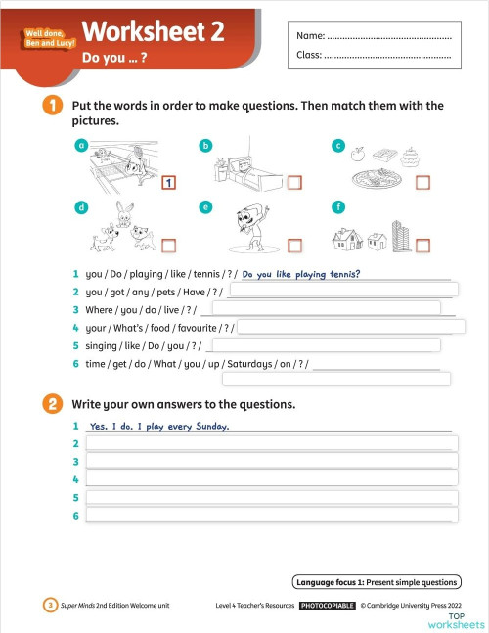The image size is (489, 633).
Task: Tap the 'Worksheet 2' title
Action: (x=153, y=31)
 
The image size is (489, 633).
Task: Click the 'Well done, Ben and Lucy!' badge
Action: (x=50, y=40)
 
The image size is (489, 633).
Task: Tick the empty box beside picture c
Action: (x=423, y=183)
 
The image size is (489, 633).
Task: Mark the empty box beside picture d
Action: (x=169, y=245)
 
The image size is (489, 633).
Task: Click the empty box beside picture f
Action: (x=423, y=245)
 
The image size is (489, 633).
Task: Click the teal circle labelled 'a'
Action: (x=82, y=146)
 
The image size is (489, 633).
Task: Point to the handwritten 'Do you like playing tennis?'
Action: (x=301, y=274)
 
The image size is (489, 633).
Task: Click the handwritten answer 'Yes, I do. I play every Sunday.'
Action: (x=158, y=426)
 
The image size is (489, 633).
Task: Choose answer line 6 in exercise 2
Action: (x=272, y=515)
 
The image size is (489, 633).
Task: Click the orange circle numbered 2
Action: (x=50, y=403)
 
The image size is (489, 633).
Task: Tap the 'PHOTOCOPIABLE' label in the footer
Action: (x=327, y=606)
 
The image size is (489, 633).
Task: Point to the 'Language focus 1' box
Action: (x=376, y=582)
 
